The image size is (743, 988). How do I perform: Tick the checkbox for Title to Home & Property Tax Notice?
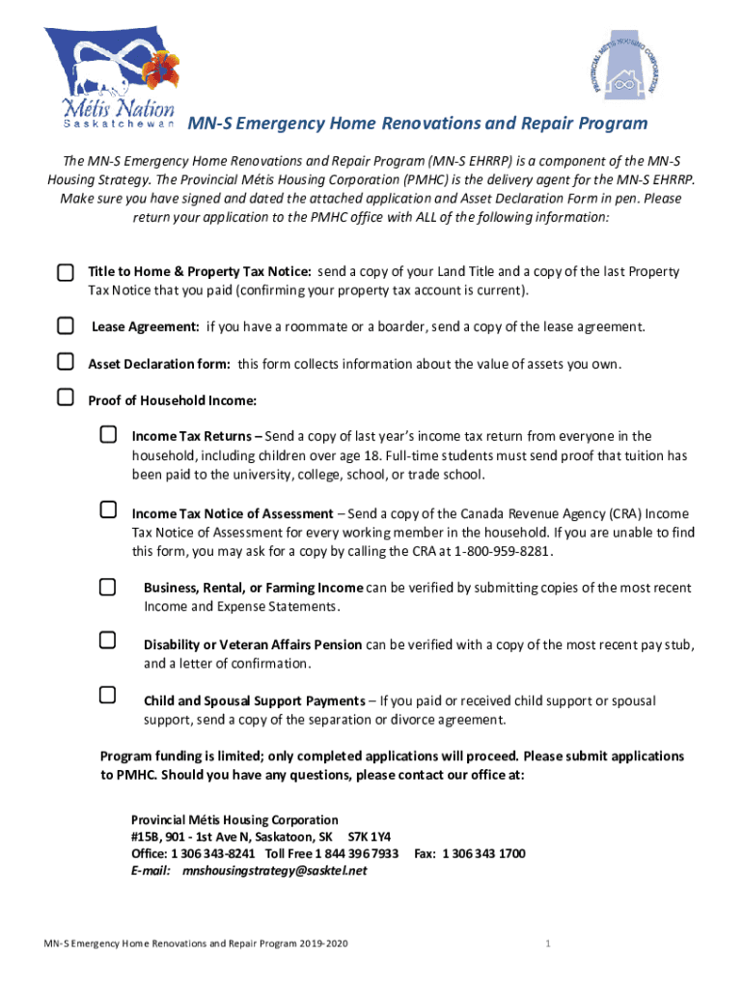point(65,273)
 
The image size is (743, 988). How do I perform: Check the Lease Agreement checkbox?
point(65,326)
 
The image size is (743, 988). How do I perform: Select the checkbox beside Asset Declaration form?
point(65,363)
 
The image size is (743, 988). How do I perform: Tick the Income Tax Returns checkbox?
point(108,435)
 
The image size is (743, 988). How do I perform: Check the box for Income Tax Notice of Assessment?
point(108,510)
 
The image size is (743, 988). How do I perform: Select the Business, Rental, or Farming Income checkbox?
point(108,587)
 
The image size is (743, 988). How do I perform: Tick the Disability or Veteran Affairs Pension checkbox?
point(108,641)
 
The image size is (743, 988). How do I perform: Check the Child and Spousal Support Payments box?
point(108,695)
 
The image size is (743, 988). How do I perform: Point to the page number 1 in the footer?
point(546,943)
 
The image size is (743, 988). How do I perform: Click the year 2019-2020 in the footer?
point(316,943)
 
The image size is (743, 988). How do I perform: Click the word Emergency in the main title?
point(279,123)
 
